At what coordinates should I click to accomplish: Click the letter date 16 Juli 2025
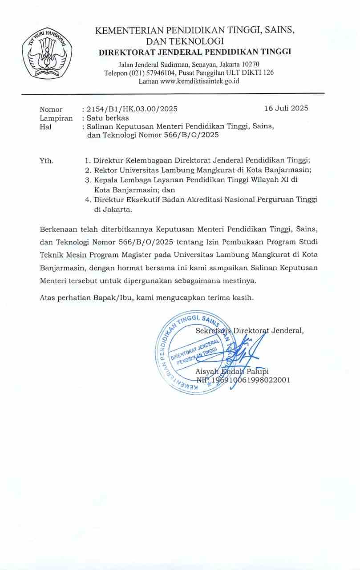(x=286, y=108)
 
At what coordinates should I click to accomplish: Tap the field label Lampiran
(x=56, y=118)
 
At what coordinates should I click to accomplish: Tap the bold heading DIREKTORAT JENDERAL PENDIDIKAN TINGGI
(x=195, y=52)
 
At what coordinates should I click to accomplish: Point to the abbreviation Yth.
(x=47, y=161)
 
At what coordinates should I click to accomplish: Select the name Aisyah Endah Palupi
(x=232, y=371)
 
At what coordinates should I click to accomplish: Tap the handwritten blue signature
(x=244, y=352)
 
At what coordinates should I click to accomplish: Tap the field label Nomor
(x=51, y=109)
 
